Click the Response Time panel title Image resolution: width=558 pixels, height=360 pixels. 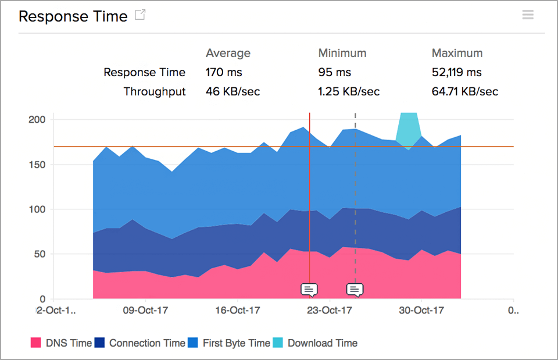tap(73, 16)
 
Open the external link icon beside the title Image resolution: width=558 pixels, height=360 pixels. tap(140, 15)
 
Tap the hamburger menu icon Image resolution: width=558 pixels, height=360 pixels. tap(527, 15)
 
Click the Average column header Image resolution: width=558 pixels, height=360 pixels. tap(228, 53)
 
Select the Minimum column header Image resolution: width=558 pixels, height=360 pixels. tap(342, 53)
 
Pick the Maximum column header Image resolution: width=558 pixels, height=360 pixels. tap(457, 53)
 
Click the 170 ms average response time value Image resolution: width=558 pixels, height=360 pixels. tap(224, 73)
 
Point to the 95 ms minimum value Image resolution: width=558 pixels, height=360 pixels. tap(334, 73)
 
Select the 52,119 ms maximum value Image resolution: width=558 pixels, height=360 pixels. tap(456, 73)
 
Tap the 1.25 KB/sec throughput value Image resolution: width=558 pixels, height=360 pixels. tap(349, 91)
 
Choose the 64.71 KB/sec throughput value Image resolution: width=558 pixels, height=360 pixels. tap(464, 91)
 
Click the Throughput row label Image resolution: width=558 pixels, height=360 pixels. tap(155, 91)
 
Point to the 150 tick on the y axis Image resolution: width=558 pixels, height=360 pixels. tap(37, 165)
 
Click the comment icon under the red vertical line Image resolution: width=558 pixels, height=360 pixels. tap(309, 289)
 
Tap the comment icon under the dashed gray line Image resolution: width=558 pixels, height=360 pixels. tap(355, 289)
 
